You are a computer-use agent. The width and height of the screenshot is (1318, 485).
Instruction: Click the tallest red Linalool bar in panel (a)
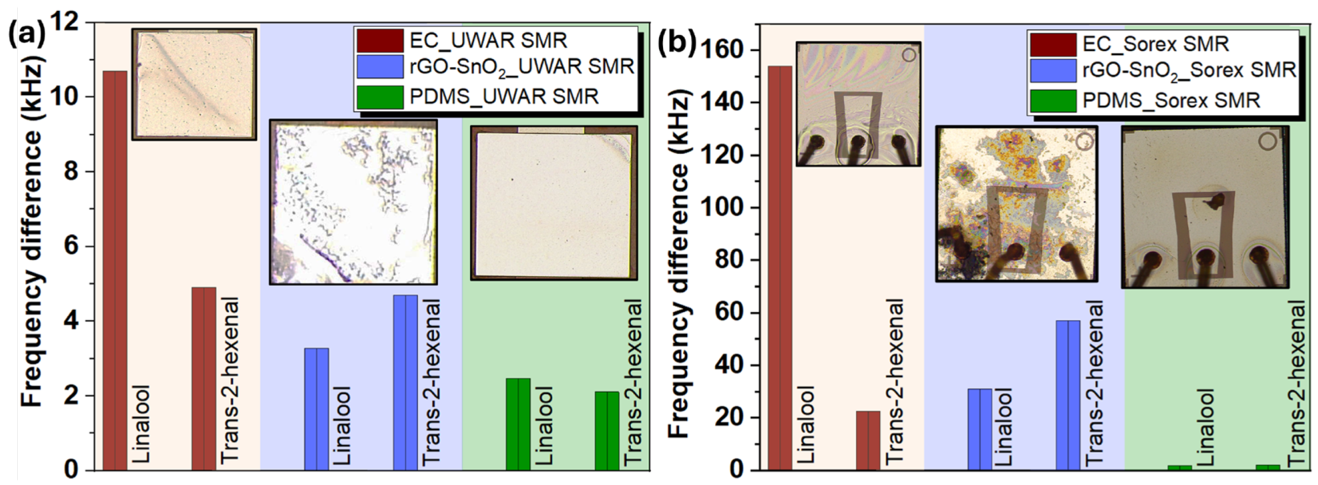pyautogui.click(x=115, y=270)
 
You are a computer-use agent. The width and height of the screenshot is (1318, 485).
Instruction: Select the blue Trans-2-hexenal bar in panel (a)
pyautogui.click(x=405, y=382)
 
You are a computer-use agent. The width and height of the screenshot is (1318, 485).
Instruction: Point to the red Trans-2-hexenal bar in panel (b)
pyautogui.click(x=868, y=440)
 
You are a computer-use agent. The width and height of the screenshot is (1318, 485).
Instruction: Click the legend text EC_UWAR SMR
pyautogui.click(x=488, y=41)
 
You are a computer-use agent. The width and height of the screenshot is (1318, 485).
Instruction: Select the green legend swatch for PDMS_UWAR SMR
pyautogui.click(x=379, y=96)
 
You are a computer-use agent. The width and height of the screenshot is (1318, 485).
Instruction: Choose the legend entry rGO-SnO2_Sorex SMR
pyautogui.click(x=1189, y=71)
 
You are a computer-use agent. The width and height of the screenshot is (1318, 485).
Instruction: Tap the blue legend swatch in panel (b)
pyautogui.click(x=1053, y=71)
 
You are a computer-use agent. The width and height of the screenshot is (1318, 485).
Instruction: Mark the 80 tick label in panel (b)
pyautogui.click(x=734, y=260)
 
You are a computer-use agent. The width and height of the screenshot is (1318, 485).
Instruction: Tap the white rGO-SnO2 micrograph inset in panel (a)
pyautogui.click(x=353, y=202)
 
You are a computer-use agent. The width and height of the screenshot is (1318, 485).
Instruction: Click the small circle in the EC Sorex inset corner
pyautogui.click(x=909, y=55)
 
